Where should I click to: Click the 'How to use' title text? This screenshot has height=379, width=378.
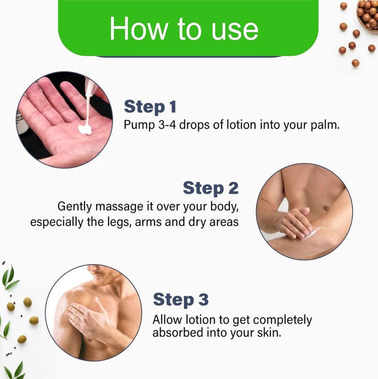(184, 28)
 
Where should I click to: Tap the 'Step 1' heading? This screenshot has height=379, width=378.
(150, 106)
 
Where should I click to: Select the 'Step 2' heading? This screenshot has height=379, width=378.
(211, 188)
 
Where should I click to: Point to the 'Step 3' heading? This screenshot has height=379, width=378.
(180, 300)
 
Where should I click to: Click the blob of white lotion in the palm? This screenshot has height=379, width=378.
(85, 130)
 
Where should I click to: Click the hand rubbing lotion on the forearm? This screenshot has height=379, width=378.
(294, 223)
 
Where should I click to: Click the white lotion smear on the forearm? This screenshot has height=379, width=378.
(311, 233)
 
